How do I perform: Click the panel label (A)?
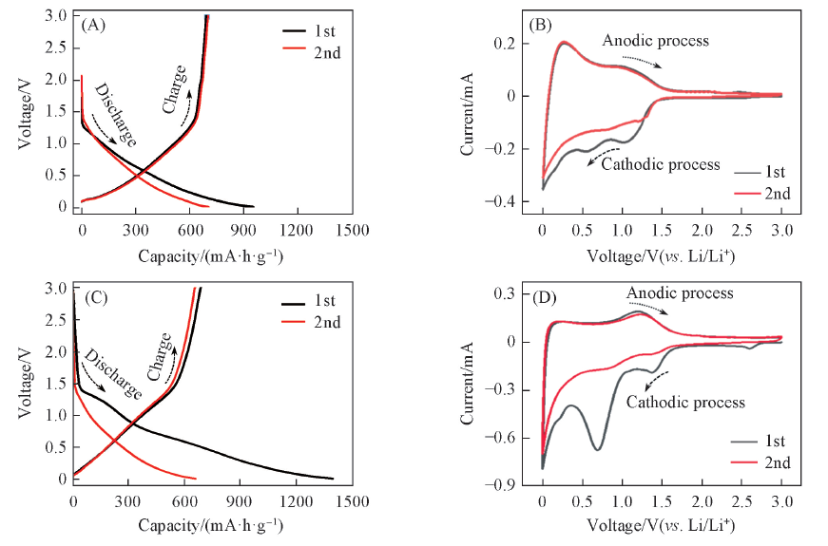(93, 26)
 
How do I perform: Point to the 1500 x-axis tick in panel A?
(351, 229)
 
